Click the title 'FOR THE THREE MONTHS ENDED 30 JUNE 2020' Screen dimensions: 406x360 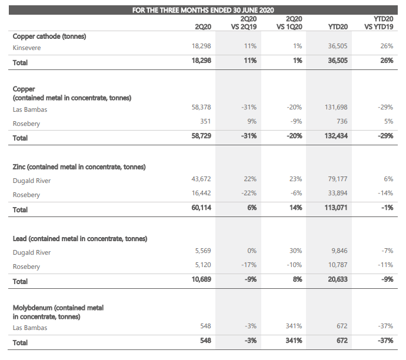[203, 10]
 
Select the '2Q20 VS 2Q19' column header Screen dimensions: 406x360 [244, 23]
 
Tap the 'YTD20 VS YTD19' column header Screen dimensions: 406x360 [378, 23]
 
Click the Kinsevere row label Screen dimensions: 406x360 [26, 48]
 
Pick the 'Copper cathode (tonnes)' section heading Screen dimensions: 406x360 [49, 36]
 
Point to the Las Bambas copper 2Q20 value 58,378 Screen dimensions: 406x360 [201, 107]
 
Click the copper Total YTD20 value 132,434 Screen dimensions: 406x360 [336, 136]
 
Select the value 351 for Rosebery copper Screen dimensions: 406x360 [205, 121]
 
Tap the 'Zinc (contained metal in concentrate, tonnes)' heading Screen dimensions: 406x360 [79, 167]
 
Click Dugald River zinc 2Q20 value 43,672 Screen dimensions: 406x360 [201, 179]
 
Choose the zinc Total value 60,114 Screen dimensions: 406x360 [201, 208]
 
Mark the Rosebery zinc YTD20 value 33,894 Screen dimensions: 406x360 [338, 193]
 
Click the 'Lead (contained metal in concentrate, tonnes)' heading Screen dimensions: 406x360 [80, 239]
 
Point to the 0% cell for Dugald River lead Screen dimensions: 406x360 [252, 251]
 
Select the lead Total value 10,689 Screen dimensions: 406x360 [201, 279]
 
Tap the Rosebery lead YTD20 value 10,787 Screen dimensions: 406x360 [338, 265]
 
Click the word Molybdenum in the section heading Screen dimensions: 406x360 [32, 308]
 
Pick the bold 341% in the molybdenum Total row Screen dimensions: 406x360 [294, 341]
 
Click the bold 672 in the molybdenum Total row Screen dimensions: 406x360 [342, 341]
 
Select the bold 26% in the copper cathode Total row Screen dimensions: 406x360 [387, 61]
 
